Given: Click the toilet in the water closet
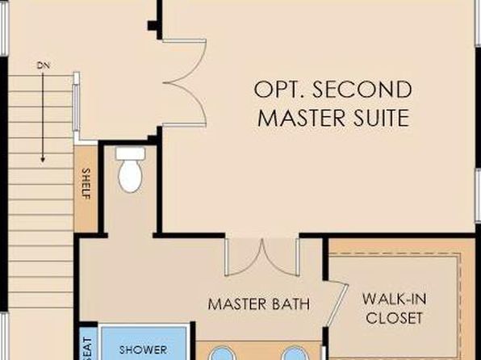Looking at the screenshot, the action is point(131,170).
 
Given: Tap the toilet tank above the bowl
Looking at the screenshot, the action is point(131,153).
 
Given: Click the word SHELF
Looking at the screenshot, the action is point(86,184).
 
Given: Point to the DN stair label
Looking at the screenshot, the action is point(44,65).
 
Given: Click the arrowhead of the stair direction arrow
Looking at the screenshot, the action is point(43,160).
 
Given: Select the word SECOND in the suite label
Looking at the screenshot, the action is point(362,90).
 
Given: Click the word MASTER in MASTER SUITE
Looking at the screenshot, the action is point(303,118).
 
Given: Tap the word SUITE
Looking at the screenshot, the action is point(381,118).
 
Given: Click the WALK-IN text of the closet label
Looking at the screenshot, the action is point(394,299).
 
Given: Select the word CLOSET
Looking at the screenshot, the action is point(394,318).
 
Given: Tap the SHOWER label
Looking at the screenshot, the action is point(144,350).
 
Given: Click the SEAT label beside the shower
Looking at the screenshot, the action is point(87,349).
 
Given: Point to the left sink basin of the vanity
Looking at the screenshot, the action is point(221,354).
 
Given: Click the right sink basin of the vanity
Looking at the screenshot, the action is point(295,354).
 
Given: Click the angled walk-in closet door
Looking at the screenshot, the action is point(337,303).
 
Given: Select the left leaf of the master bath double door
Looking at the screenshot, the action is point(244,257).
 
